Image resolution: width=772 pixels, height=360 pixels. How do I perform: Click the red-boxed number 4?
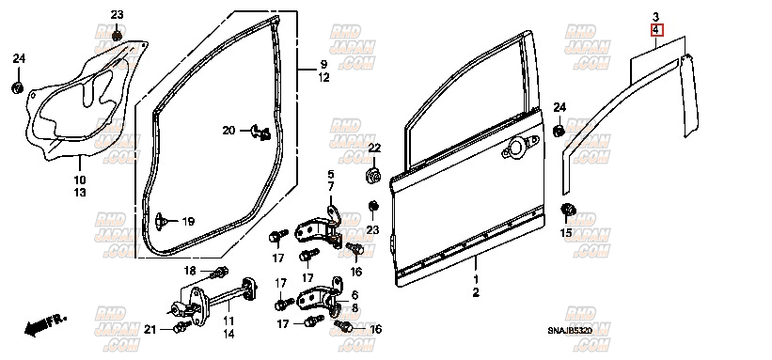[656, 31]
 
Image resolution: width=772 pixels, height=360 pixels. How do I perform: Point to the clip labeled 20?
[262, 131]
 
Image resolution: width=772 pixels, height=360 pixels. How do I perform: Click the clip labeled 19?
[165, 220]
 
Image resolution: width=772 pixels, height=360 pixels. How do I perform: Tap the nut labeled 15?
[567, 209]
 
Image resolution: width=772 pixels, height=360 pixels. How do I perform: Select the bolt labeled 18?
[220, 273]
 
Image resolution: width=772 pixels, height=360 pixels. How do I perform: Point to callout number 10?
[79, 180]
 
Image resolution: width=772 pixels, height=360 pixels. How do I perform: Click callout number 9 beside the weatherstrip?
[323, 64]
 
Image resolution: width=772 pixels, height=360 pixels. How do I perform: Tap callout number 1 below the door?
[475, 280]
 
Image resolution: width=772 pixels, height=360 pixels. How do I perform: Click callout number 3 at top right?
[656, 18]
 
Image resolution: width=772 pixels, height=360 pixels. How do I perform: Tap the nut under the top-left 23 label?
[117, 37]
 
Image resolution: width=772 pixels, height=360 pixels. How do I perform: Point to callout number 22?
[373, 149]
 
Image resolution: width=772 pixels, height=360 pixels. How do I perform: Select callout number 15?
[566, 232]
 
